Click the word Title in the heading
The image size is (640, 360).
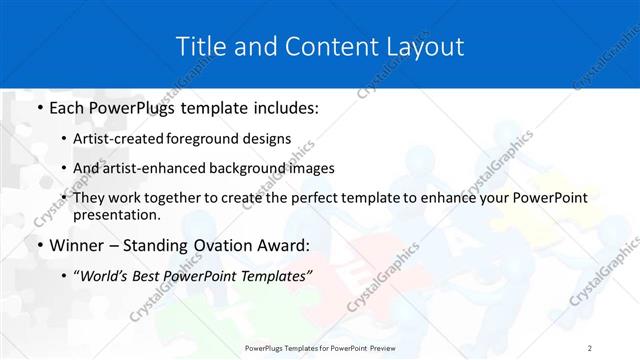pos(199,46)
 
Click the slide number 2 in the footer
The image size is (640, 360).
pos(590,347)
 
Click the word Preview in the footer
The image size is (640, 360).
pos(378,347)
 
